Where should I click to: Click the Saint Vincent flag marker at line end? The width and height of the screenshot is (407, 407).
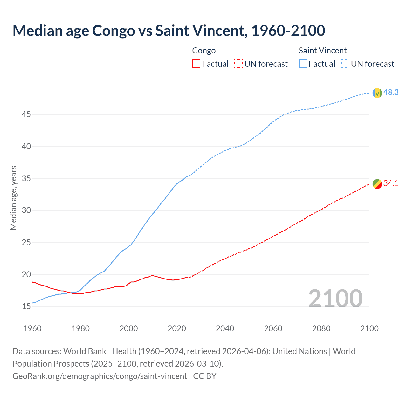(x=377, y=93)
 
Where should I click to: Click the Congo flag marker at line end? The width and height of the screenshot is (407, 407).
(x=377, y=184)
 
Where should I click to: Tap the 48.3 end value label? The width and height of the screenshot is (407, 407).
(x=391, y=92)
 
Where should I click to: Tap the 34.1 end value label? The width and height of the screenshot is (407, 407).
(x=391, y=183)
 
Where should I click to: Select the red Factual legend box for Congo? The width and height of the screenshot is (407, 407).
(x=196, y=64)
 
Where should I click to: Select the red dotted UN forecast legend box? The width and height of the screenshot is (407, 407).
(x=238, y=64)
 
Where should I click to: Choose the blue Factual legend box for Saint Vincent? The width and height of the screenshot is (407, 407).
(x=303, y=64)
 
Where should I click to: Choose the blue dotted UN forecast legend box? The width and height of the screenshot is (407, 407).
(x=345, y=64)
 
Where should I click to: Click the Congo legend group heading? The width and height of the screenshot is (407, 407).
(x=204, y=51)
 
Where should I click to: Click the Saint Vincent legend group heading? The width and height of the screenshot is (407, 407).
(x=322, y=51)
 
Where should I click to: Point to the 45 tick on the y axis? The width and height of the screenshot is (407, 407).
(x=26, y=114)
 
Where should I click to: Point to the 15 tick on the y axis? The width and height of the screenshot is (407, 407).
(x=26, y=307)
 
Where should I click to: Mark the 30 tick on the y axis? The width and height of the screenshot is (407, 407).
(x=26, y=210)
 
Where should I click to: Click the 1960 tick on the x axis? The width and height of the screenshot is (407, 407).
(x=32, y=328)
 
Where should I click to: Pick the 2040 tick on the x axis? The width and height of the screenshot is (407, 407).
(x=225, y=328)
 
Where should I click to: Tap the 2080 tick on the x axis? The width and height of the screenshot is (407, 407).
(x=321, y=328)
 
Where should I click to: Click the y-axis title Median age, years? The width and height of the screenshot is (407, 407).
(x=13, y=198)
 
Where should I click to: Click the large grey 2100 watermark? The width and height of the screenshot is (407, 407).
(x=335, y=298)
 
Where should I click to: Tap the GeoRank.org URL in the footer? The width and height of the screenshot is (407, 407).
(x=100, y=376)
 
